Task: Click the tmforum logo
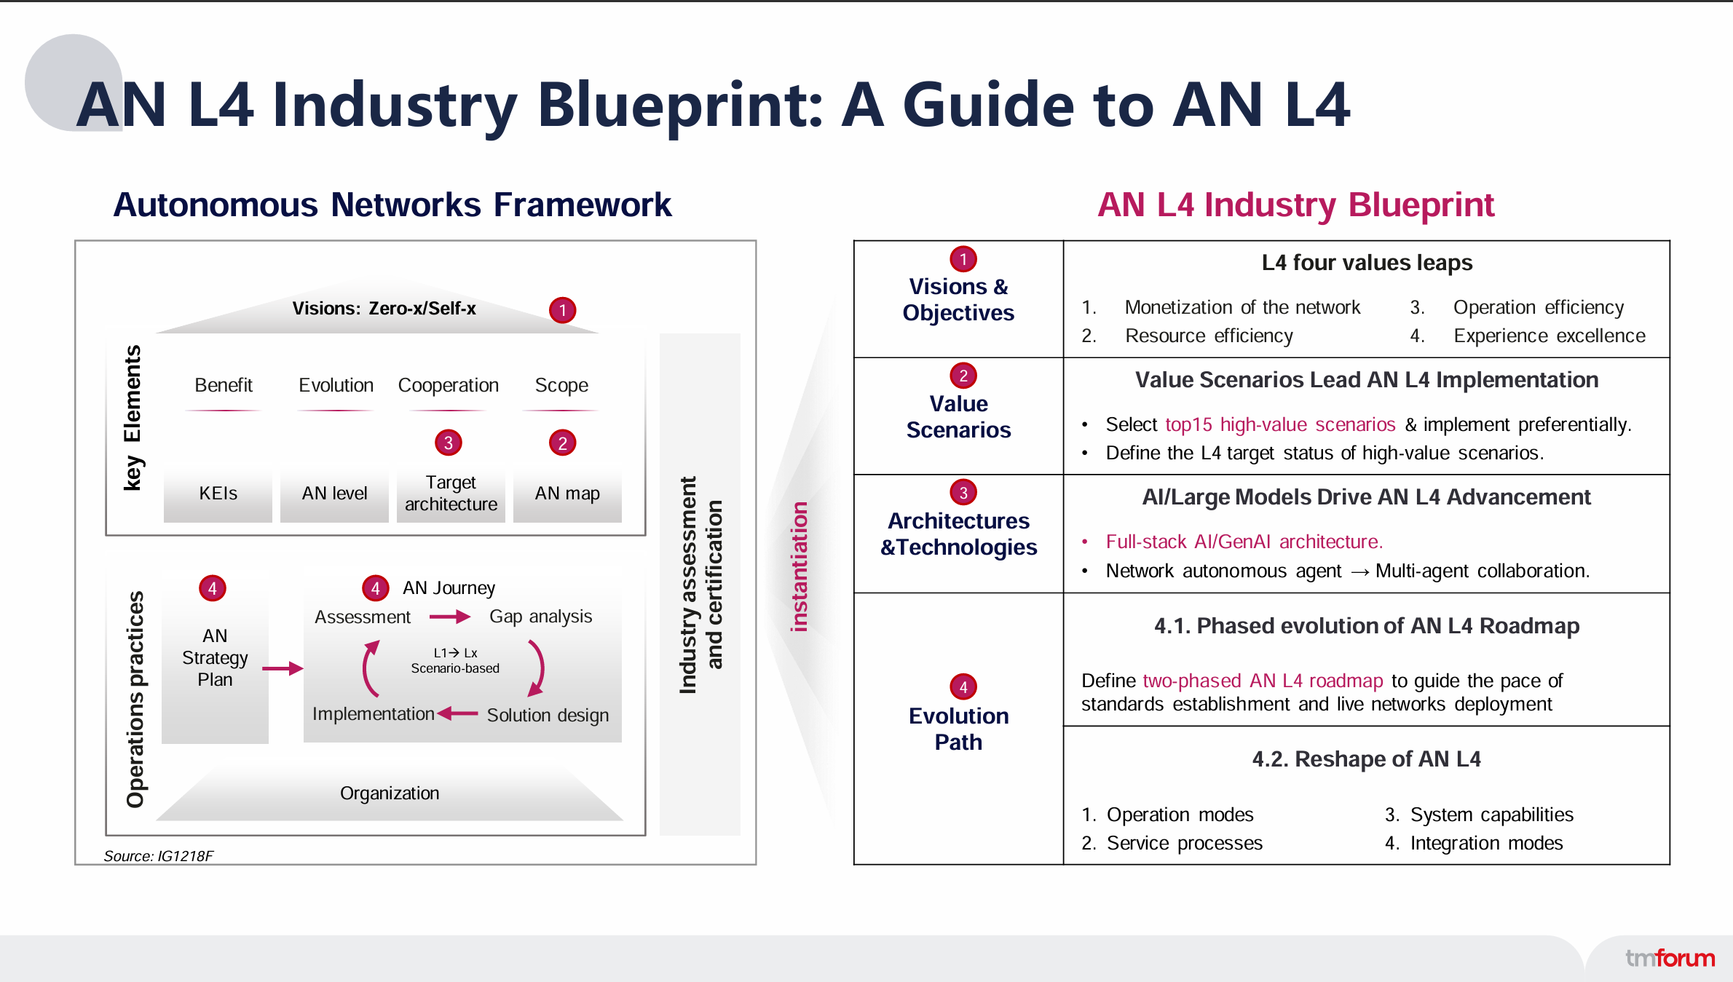(x=1670, y=958)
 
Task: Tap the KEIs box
(x=218, y=494)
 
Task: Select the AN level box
(x=334, y=494)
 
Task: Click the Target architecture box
(x=451, y=494)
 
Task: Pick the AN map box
(x=567, y=494)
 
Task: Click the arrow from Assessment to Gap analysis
(x=450, y=617)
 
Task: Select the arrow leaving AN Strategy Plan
(x=283, y=668)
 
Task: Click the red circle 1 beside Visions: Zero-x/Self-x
(x=562, y=310)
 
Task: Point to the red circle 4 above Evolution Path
(x=963, y=686)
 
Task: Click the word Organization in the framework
(x=390, y=793)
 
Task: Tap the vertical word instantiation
(x=800, y=566)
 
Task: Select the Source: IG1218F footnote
(x=158, y=856)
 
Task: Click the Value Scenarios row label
(x=958, y=416)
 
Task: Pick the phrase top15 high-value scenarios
(x=1280, y=424)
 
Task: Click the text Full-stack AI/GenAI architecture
(x=1244, y=542)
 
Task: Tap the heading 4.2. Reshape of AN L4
(x=1366, y=759)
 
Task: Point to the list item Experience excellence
(x=1549, y=336)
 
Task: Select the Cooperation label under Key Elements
(x=448, y=385)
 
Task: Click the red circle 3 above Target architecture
(x=449, y=443)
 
